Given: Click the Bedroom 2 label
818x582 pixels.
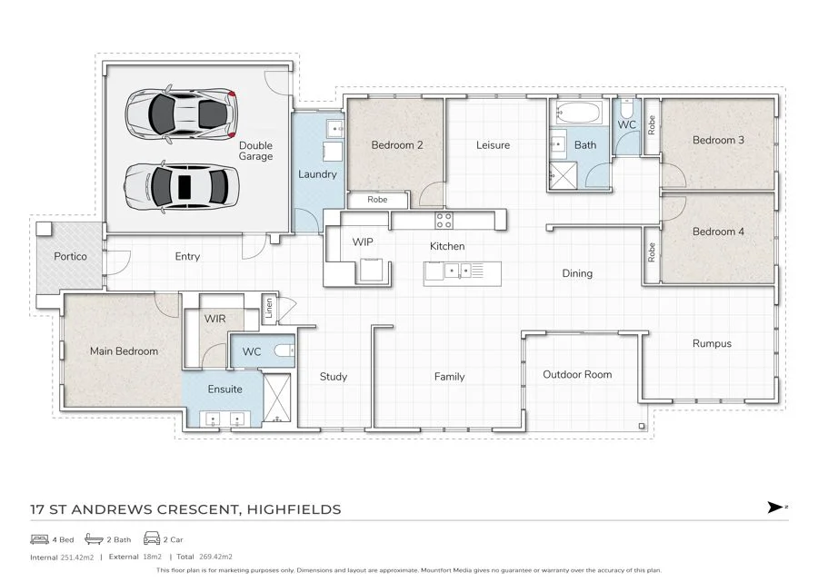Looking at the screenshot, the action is click(x=397, y=145).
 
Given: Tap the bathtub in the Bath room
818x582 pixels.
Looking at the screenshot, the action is click(x=579, y=112).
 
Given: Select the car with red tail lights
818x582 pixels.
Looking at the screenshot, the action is click(x=181, y=114).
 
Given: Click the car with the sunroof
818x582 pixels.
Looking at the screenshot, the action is click(x=182, y=186).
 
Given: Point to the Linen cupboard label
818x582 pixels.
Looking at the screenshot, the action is click(x=269, y=308).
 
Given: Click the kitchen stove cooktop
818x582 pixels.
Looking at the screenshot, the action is click(x=444, y=221).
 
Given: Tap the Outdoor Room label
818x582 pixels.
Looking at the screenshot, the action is click(x=577, y=374).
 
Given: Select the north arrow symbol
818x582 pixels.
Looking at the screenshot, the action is click(x=776, y=507).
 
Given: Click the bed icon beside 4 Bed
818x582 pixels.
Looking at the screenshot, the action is click(x=40, y=539).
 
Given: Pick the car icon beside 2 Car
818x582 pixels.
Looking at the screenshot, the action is click(x=151, y=538).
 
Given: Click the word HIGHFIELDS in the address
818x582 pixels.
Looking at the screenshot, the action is click(x=294, y=509).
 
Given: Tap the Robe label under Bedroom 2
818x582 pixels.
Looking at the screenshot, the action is click(x=377, y=200).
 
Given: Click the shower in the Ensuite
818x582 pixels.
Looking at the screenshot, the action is click(x=277, y=398).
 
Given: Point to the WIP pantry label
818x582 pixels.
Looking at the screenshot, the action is click(x=363, y=242).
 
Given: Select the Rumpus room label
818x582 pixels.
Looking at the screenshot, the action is click(x=712, y=344).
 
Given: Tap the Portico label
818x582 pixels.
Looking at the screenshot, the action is click(x=70, y=256).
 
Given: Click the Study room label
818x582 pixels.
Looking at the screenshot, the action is click(x=334, y=377).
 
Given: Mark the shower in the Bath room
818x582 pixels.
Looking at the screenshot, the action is click(x=564, y=175).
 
